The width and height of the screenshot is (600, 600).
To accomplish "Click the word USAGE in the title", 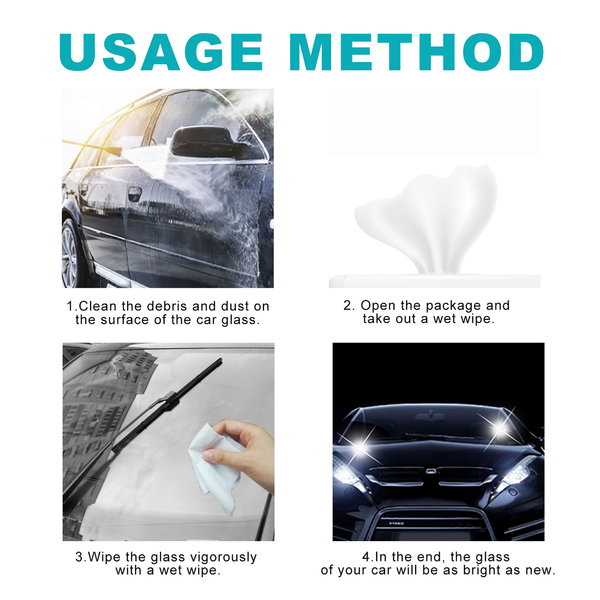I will pos(161,52).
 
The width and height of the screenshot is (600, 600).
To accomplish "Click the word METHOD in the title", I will pos(416,52).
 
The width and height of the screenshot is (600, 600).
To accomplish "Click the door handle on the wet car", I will pos(134,193).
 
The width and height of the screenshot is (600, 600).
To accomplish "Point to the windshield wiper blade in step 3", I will pos(148,425).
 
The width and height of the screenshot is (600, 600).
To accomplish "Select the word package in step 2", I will pos(454,306).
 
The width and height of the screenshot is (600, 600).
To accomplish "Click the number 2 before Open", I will pos(347,306).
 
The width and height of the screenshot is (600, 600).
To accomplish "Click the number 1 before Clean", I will pos(70,306).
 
